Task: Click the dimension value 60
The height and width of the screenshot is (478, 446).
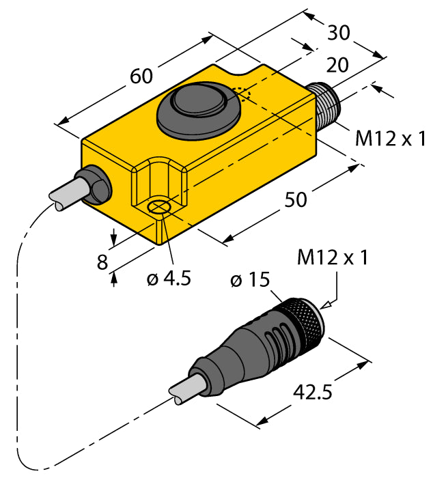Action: (x=141, y=76)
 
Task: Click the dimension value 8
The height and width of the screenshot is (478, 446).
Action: (x=102, y=262)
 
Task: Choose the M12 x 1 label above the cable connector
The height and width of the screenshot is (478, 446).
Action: (x=333, y=258)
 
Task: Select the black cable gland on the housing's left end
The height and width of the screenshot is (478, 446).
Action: (x=96, y=183)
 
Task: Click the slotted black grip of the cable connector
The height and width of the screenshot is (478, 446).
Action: (x=256, y=346)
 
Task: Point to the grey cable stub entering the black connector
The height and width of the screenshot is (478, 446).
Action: (x=186, y=390)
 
